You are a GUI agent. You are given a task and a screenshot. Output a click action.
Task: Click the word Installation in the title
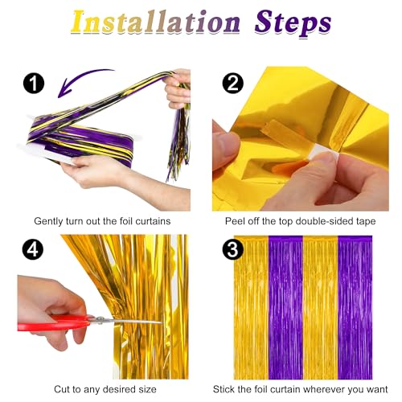155,22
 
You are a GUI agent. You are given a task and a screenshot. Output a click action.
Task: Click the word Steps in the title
293,24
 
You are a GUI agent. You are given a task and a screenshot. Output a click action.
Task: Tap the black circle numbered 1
34,84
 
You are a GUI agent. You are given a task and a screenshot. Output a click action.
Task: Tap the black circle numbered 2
233,84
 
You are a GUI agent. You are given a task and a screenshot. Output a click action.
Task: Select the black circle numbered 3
233,249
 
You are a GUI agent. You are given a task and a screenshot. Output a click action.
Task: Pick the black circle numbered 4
33,249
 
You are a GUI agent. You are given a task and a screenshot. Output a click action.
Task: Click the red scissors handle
54,322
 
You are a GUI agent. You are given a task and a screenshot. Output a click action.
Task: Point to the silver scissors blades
127,320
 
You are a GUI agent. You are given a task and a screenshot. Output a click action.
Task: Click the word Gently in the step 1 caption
48,222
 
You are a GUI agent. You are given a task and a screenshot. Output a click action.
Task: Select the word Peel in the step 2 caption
234,221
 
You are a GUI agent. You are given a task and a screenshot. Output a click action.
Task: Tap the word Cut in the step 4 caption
62,389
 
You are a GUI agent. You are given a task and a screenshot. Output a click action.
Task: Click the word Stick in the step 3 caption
224,389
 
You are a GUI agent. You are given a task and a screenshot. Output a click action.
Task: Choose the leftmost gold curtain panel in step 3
251,308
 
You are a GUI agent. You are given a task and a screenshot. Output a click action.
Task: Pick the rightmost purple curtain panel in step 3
355,308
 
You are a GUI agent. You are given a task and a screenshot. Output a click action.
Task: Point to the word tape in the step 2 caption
366,221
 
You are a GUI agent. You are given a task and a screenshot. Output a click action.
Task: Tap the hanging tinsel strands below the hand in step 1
179,142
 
